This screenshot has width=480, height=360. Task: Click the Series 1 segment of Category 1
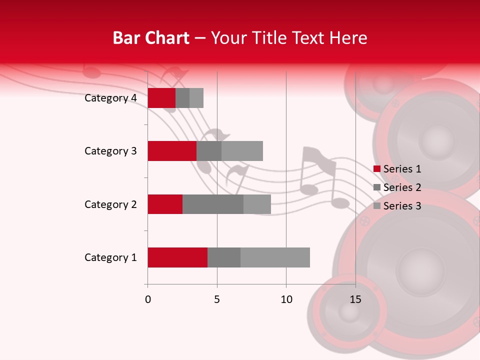point(177,257)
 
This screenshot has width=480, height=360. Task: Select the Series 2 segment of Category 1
point(224,257)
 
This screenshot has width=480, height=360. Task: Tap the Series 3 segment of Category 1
point(275,257)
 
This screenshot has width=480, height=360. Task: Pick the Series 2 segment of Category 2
point(213,204)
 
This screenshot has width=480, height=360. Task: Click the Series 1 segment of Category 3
point(172,151)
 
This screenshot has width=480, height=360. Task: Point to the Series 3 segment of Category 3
point(242,151)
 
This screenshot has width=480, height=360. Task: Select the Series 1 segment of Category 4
point(161,98)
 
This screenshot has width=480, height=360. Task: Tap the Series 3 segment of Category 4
point(196,98)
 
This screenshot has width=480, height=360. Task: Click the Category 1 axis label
point(110,257)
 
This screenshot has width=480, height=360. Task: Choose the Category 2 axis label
point(110,204)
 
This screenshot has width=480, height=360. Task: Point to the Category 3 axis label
point(110,151)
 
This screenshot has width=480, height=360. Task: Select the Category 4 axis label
point(110,98)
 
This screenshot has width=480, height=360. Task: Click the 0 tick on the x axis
point(148,299)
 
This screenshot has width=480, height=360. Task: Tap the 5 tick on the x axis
point(217,299)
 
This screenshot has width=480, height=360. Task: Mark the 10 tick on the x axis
point(286,299)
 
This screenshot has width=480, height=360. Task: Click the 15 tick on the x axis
point(355,299)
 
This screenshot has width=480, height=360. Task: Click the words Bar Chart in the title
point(151,37)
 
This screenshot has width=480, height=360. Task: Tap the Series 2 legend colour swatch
point(377,187)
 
